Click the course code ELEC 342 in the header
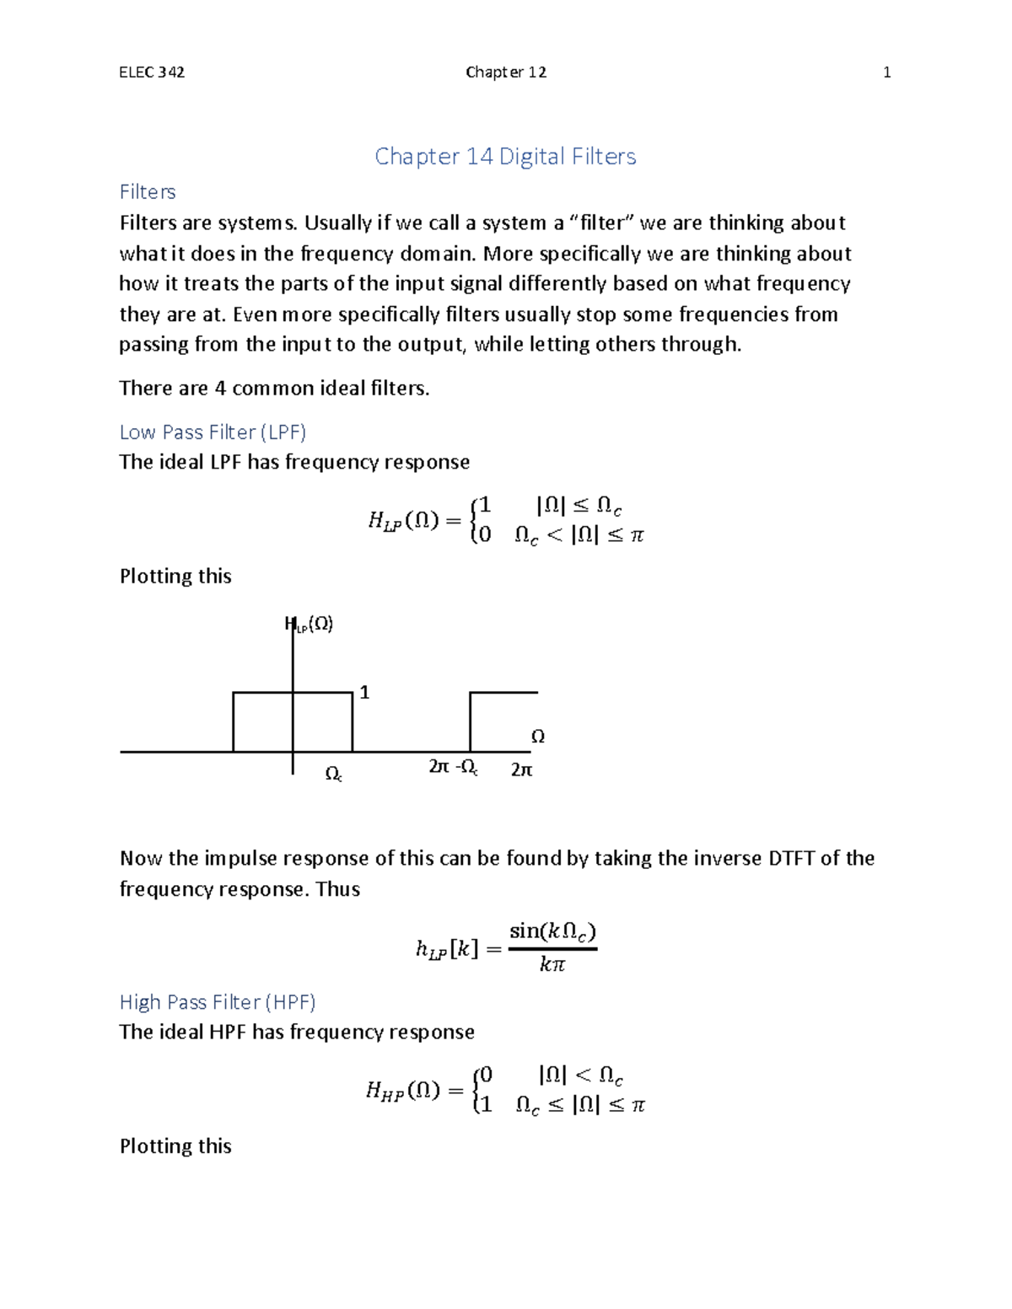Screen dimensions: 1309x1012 pos(152,72)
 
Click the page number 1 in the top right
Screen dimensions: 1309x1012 pos(886,72)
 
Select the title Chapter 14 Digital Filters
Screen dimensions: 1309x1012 pos(505,156)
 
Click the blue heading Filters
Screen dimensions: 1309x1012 pos(148,192)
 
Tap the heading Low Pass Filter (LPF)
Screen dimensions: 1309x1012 pos(213,432)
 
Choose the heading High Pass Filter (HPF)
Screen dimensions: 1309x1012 pos(218,1002)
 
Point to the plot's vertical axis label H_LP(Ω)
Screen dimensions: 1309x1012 pos(310,625)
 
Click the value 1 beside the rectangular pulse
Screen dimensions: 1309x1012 pos(364,693)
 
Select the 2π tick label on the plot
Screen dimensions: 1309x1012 pos(522,770)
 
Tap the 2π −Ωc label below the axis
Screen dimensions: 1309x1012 pos(453,767)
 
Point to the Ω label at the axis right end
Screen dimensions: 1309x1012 pos(537,737)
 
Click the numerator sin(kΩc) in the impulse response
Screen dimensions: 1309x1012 pos(552,931)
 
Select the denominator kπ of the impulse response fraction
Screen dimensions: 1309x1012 pos(552,964)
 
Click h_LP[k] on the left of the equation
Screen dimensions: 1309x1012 pos(447,950)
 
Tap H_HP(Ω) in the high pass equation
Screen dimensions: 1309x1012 pos(403,1091)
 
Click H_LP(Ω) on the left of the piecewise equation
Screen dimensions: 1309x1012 pos(403,521)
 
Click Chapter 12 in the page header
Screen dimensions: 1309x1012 pos(506,72)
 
